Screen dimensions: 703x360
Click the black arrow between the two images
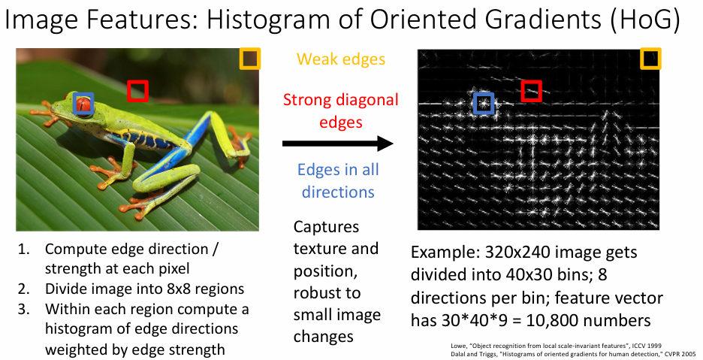pyautogui.click(x=337, y=144)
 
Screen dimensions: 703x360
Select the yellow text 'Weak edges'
pyautogui.click(x=341, y=59)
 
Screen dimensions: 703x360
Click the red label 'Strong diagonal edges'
pyautogui.click(x=341, y=111)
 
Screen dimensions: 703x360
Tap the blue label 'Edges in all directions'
pyautogui.click(x=339, y=180)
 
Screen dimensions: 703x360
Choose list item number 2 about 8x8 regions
pyautogui.click(x=131, y=288)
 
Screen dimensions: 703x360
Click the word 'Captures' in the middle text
pyautogui.click(x=327, y=227)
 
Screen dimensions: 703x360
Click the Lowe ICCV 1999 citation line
pyautogui.click(x=556, y=346)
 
